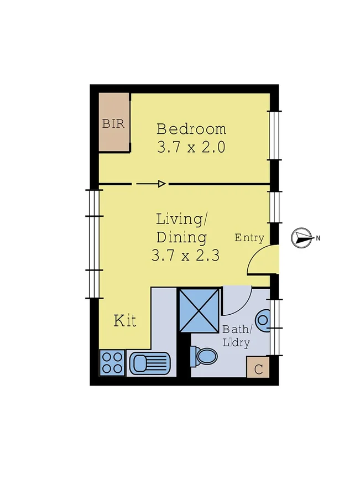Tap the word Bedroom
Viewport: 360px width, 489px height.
tap(191, 129)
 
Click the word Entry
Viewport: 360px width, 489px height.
tap(249, 238)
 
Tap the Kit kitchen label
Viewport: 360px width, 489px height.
tap(125, 320)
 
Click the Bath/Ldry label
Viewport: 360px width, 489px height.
tap(237, 335)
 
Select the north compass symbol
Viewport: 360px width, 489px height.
tap(302, 238)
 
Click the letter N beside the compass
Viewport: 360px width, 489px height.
tap(318, 238)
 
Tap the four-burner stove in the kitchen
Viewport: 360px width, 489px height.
tap(112, 363)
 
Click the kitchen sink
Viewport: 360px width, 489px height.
tap(149, 364)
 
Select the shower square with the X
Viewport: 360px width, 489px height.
tap(198, 310)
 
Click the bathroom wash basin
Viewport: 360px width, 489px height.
tap(265, 319)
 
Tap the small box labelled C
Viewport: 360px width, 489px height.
tap(258, 367)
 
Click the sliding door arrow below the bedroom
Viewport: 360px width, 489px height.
tap(151, 184)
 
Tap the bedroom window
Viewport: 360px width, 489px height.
tap(274, 135)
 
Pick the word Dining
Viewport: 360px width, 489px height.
tap(181, 238)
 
